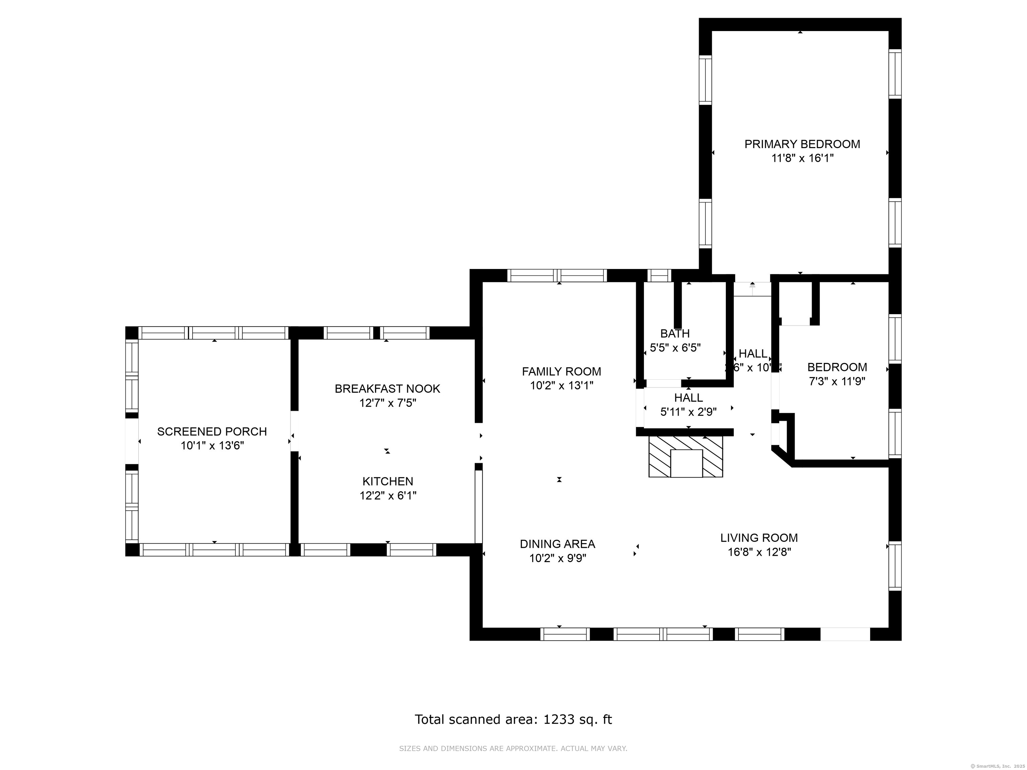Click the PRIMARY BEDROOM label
click(x=802, y=144)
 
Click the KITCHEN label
click(x=388, y=481)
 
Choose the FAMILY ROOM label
click(x=561, y=371)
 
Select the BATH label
click(x=675, y=333)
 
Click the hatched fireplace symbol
click(x=685, y=456)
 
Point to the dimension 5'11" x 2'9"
click(x=688, y=412)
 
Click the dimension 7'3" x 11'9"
click(x=837, y=382)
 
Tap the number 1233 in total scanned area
click(x=559, y=720)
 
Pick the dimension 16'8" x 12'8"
click(x=759, y=552)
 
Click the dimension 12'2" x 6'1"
click(x=388, y=496)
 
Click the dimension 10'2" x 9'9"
click(x=557, y=558)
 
